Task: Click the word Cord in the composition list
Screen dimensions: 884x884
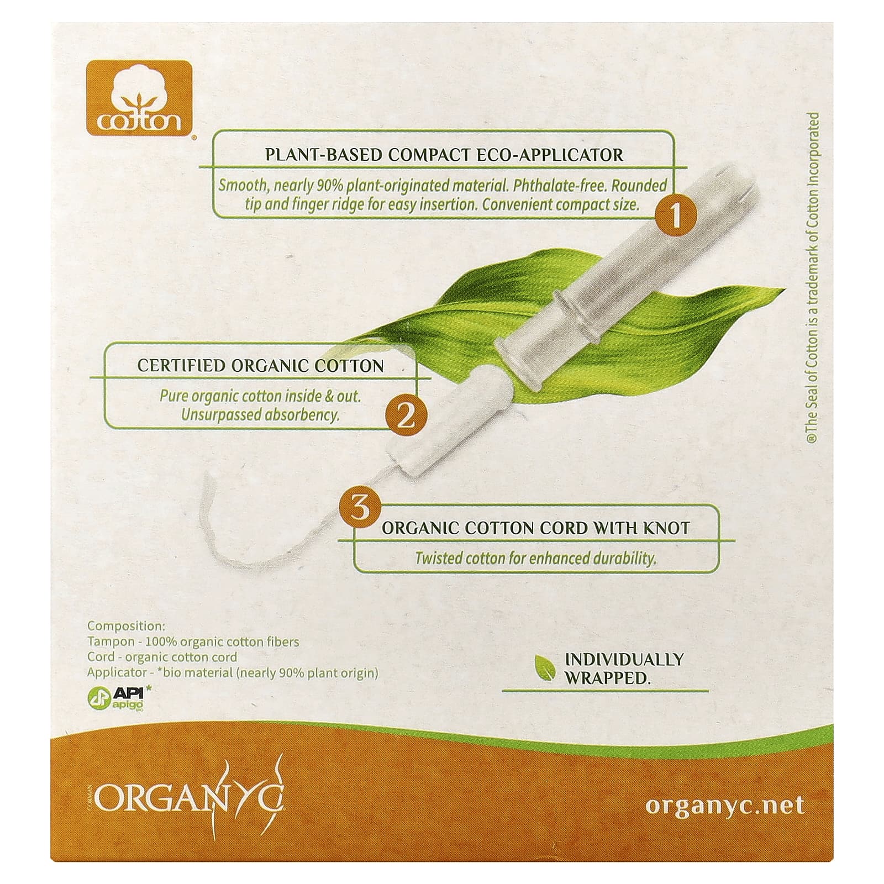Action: point(100,657)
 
